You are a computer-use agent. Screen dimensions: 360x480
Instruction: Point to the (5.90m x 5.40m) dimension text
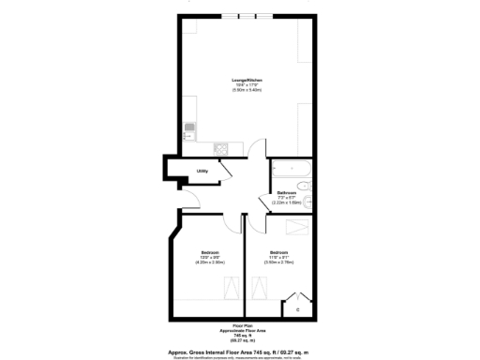click(x=247, y=90)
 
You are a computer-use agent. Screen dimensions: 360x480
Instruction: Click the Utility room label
click(x=201, y=171)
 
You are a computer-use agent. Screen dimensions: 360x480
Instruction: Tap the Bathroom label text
click(x=287, y=192)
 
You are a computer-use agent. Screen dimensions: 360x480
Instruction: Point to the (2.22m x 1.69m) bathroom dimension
click(x=287, y=202)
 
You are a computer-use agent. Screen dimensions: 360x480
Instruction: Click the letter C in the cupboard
click(x=298, y=308)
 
